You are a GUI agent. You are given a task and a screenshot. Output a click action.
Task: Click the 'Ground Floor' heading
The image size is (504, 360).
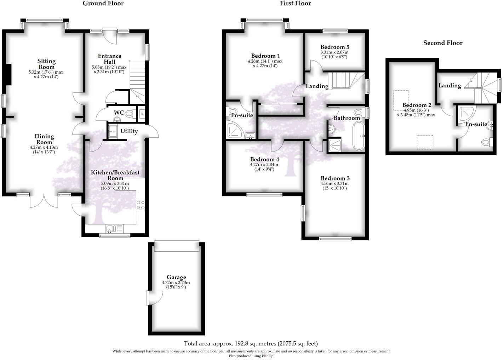pos(103,4)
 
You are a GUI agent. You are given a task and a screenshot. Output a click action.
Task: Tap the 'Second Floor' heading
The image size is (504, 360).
pos(443,43)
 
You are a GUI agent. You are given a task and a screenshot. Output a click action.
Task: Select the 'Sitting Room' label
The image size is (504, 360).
pos(47,64)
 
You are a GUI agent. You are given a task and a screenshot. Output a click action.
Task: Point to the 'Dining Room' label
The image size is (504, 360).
pos(44,139)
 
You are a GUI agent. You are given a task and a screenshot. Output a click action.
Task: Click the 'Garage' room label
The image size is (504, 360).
pos(176,278)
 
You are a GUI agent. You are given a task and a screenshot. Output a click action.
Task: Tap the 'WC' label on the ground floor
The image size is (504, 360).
pos(119,113)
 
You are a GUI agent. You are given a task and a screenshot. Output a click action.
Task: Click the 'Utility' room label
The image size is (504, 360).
pos(129,131)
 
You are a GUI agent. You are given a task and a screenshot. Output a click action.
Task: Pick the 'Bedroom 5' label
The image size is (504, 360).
pos(335,47)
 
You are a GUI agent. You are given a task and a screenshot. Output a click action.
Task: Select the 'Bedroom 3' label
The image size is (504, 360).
pos(335,178)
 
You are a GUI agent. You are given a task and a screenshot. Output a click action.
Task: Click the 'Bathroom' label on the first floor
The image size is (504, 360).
pos(347,118)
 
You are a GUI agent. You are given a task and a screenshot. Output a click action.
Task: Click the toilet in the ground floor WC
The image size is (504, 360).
pos(130,114)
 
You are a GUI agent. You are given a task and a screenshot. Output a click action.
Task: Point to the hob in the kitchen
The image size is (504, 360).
pos(141,205)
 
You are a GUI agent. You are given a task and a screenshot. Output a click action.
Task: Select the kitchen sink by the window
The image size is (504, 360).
pos(111,229)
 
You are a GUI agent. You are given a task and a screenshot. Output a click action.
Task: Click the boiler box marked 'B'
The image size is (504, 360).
pos(142,114)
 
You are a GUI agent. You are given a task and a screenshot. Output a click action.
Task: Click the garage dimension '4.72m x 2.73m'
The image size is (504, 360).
pos(176,283)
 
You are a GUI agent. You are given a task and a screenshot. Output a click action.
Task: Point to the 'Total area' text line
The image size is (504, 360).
pos(251,343)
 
